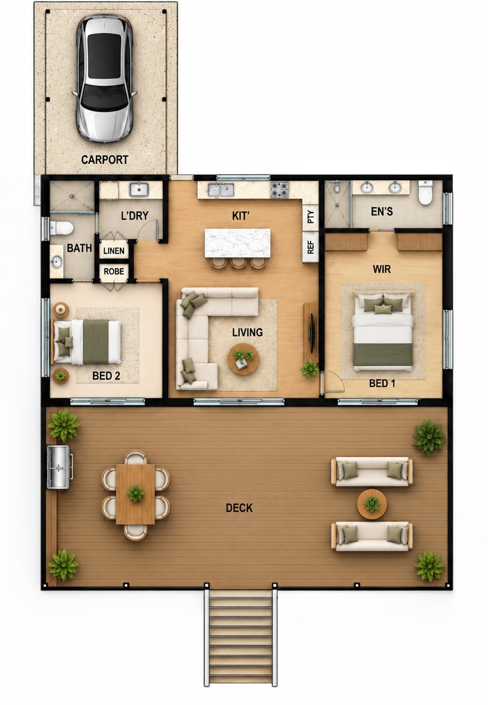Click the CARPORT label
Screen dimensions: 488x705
point(105,160)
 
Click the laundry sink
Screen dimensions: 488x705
point(139,190)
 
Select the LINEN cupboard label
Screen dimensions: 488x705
point(114,251)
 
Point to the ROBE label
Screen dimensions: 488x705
point(114,271)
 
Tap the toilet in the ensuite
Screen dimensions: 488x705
point(425,192)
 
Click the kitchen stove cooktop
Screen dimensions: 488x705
point(279,189)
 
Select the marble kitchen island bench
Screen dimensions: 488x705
point(237,243)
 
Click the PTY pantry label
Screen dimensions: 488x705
point(311,217)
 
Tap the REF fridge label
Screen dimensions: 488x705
point(311,247)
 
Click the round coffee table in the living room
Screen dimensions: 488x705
point(243,359)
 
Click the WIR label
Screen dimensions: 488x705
point(381,269)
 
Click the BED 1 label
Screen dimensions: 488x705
point(382,383)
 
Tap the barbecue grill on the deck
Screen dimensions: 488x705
point(59,467)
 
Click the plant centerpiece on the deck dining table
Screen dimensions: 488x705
point(136,493)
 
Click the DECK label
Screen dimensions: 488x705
point(239,508)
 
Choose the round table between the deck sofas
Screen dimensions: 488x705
point(372,504)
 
